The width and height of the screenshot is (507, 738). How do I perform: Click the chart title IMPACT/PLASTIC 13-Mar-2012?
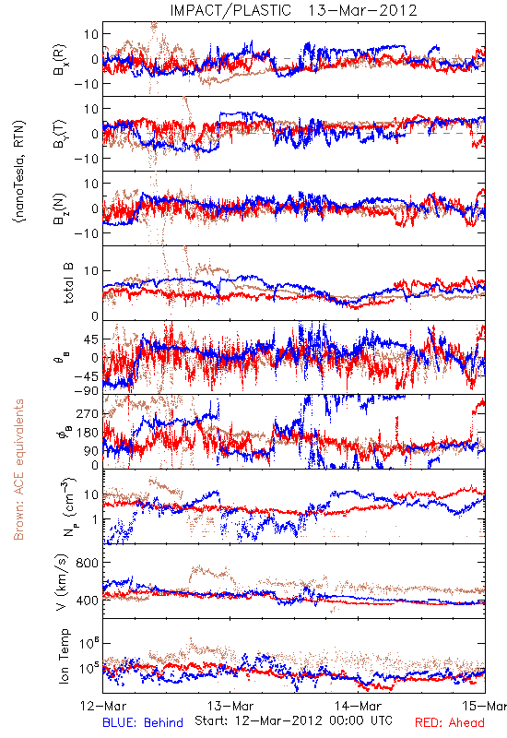293,10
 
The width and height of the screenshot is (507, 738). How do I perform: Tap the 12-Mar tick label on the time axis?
103,706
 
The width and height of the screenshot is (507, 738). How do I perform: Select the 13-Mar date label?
230,706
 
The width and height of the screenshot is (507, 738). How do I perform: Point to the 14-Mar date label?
358,706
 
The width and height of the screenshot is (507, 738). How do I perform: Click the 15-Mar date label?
484,706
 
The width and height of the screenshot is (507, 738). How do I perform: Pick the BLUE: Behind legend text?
143,722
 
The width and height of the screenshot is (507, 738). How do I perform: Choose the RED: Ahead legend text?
450,722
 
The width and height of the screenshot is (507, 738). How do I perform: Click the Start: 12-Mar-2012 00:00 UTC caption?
293,720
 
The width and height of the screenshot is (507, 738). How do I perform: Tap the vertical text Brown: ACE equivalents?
18,470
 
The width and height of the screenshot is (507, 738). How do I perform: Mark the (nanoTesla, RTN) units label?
19,172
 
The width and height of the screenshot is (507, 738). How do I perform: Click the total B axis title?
68,283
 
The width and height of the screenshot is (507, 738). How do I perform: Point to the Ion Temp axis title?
64,656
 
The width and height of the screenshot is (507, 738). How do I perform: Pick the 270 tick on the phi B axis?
88,413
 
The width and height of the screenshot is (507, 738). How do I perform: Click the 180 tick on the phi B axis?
88,433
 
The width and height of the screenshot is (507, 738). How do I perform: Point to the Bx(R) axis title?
60,59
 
